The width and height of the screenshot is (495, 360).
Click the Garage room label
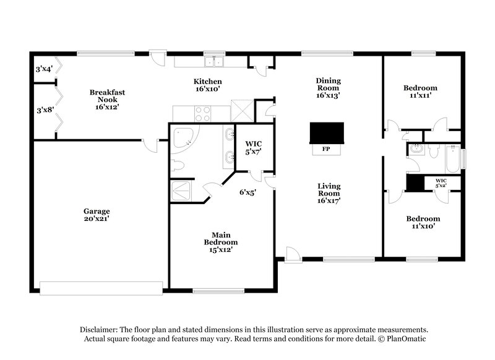click(x=97, y=214)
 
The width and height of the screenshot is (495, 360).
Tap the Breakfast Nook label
click(x=107, y=99)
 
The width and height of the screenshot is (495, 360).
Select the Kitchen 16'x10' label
click(x=207, y=85)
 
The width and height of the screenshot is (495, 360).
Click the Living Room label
click(x=329, y=192)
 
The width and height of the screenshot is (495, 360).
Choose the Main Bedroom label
click(x=222, y=242)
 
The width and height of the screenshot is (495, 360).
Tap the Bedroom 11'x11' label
click(x=420, y=92)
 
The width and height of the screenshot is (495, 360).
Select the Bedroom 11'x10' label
click(x=423, y=222)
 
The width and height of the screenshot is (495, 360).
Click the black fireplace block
click(x=326, y=133)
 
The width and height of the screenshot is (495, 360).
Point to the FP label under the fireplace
click(x=326, y=149)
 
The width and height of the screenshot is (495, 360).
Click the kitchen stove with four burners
click(x=203, y=113)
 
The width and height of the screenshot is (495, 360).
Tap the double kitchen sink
click(x=216, y=61)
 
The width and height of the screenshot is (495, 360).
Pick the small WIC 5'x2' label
click(x=441, y=182)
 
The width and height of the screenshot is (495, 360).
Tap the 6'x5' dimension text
click(x=247, y=192)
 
